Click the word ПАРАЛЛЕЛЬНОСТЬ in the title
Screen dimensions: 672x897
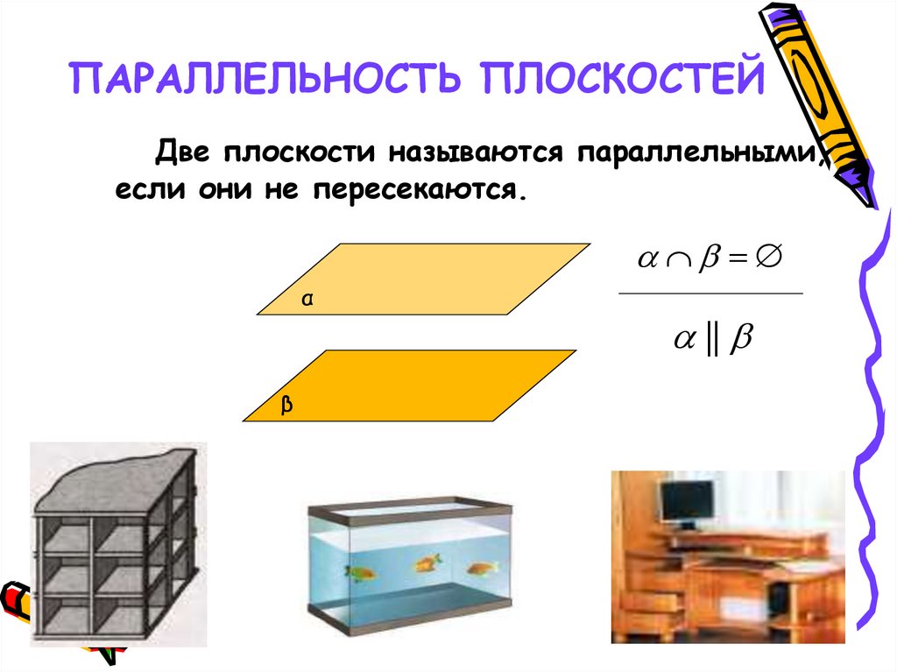coord(262,78)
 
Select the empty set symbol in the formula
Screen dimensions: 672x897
coord(768,258)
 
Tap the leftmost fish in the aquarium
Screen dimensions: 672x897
coord(360,573)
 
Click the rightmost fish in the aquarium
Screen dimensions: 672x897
coord(479,568)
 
